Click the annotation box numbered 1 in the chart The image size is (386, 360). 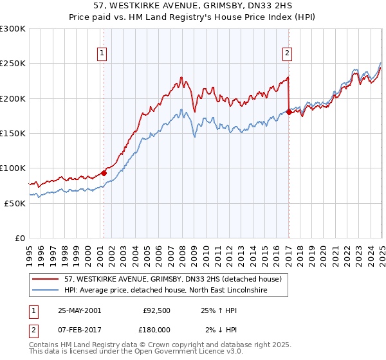[103, 54]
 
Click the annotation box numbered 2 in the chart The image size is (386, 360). [287, 54]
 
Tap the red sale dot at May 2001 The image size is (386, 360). [104, 173]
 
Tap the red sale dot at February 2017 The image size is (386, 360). [289, 112]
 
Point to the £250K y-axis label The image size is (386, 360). [13, 64]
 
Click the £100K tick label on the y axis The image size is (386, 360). [13, 168]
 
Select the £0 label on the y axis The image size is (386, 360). [20, 238]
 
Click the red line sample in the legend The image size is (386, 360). [46, 279]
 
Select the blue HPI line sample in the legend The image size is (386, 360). [46, 291]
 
